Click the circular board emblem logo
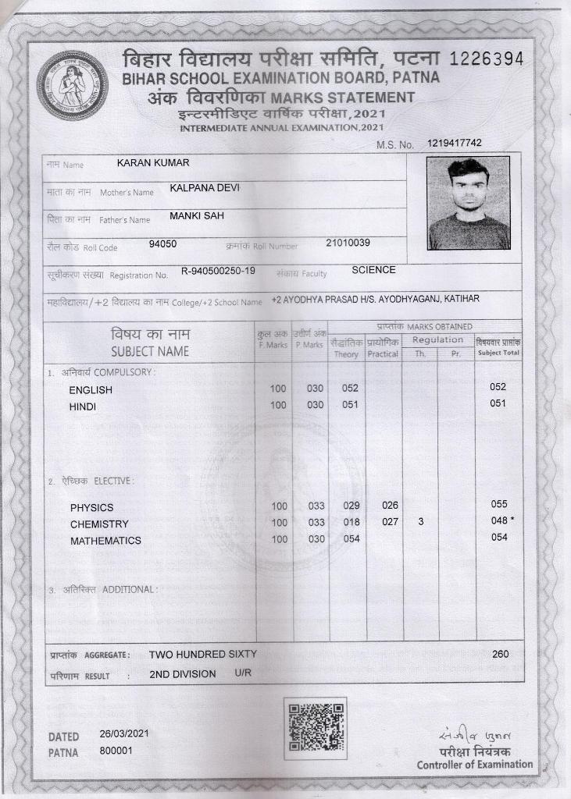point(72,85)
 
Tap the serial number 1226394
point(487,60)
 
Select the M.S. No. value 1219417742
point(455,144)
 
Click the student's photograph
point(468,203)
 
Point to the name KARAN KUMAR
point(153,163)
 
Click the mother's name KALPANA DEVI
point(205,189)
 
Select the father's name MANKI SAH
point(197,215)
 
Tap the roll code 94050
point(162,243)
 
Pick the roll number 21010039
point(348,243)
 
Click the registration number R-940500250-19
point(218,271)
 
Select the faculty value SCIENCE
point(373,270)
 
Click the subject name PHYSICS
point(91,508)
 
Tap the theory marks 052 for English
point(351,389)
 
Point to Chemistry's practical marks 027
point(391,522)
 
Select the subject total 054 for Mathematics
point(499,538)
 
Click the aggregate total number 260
point(500,654)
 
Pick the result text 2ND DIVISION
point(183,674)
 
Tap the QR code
point(314,728)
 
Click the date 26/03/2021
point(124,734)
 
